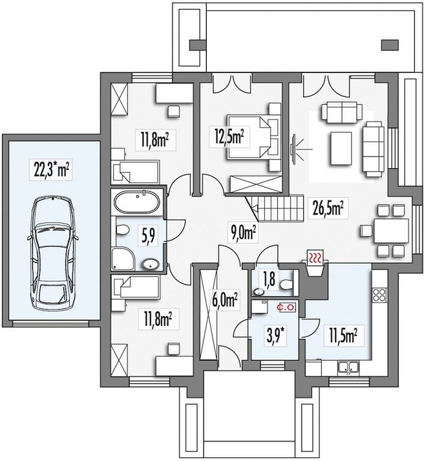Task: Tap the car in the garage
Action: point(52,254)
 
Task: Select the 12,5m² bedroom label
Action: point(229,136)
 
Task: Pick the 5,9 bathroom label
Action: point(149,236)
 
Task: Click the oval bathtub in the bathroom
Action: point(137,202)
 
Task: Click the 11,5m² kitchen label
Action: point(343,336)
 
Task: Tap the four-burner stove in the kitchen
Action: point(379,295)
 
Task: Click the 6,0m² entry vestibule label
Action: point(224,299)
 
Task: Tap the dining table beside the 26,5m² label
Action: point(391,230)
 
